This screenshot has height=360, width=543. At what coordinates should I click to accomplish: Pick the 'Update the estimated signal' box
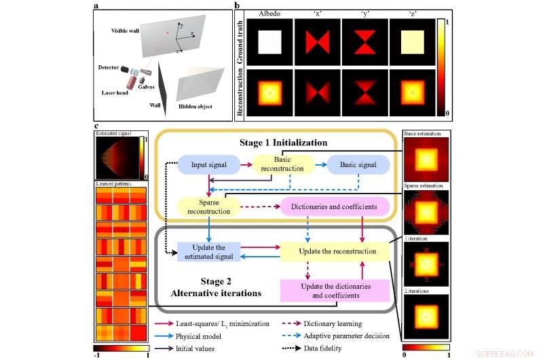[x=204, y=251]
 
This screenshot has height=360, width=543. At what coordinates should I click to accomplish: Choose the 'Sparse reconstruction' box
[x=204, y=206]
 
